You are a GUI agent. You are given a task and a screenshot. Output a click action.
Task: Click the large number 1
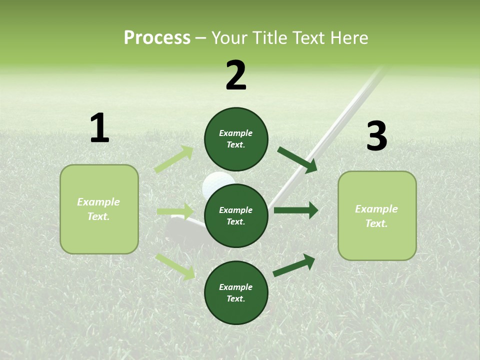click(x=99, y=128)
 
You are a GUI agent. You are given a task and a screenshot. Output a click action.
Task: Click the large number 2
click(x=236, y=75)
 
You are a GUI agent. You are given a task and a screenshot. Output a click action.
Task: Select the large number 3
click(x=376, y=136)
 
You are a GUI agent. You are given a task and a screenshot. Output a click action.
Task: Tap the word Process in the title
click(x=157, y=37)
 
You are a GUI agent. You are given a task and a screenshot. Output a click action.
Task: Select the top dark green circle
click(x=236, y=139)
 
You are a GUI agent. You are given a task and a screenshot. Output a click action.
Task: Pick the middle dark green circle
click(x=236, y=215)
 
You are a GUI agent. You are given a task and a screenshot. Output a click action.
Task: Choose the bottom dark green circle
click(x=236, y=292)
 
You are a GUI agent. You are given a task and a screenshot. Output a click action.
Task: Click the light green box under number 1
click(x=99, y=209)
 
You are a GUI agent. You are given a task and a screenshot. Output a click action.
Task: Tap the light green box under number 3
click(x=377, y=215)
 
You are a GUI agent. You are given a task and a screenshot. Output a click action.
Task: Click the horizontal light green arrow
click(x=175, y=211)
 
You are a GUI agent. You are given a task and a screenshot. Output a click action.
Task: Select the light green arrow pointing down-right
click(x=175, y=266)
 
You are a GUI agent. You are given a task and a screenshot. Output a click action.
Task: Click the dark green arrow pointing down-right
click(x=298, y=160)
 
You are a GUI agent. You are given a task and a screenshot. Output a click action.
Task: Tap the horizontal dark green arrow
click(x=296, y=210)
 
